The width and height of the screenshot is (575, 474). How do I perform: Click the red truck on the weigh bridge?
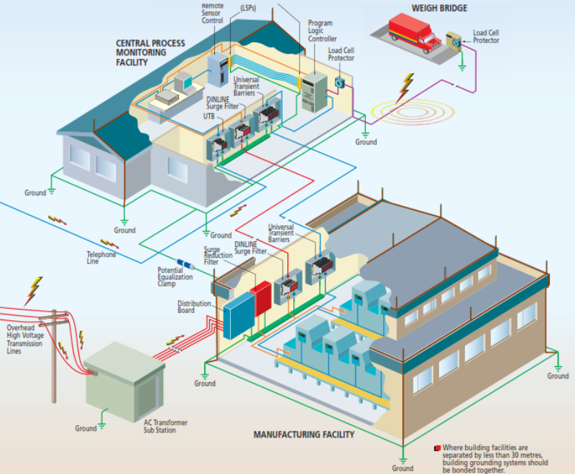coord(414,34)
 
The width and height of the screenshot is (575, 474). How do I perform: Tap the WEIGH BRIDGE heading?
coord(438,9)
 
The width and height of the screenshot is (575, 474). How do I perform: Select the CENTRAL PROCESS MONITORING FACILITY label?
coord(150,53)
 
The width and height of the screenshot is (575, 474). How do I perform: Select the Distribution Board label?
coord(195,307)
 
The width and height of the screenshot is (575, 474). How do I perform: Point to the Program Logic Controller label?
coord(320,31)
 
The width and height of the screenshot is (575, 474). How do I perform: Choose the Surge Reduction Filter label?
coord(217,256)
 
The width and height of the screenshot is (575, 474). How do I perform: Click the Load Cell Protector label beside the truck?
coord(486,37)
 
